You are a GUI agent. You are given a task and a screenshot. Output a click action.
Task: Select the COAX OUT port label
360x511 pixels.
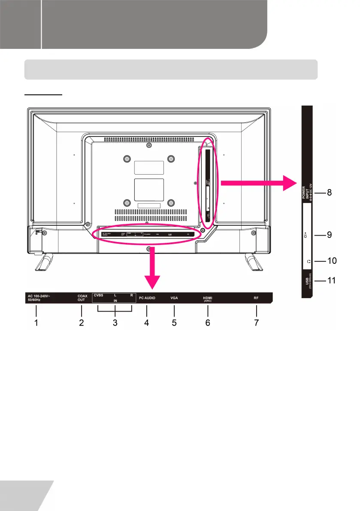[82, 298]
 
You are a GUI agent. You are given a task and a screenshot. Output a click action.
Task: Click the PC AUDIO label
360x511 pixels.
[147, 297]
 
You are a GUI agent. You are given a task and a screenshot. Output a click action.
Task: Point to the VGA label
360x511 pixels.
[174, 297]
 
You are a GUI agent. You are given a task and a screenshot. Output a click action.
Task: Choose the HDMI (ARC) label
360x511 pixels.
[208, 299]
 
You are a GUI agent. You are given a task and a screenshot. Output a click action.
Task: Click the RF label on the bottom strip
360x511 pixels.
[256, 297]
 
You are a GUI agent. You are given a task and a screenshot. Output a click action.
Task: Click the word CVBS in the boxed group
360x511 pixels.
[99, 296]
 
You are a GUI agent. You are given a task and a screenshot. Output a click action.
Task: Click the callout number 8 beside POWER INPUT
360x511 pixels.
[329, 193]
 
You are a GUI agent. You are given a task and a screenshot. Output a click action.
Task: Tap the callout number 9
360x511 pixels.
[329, 235]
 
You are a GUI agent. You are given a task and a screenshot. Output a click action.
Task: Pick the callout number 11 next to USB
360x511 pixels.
[330, 281]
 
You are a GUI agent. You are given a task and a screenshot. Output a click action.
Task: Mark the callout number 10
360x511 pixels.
[330, 260]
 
